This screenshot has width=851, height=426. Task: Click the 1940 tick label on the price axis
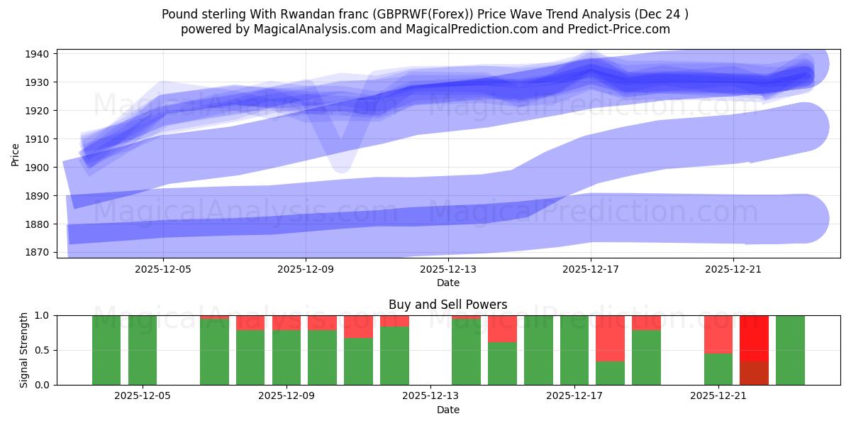click(x=37, y=54)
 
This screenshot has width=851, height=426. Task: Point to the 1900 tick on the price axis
click(x=37, y=168)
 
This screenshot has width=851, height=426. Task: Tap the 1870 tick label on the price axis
click(x=37, y=253)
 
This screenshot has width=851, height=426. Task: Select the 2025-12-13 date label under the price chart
click(x=448, y=269)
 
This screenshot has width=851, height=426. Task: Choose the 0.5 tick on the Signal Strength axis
click(x=42, y=350)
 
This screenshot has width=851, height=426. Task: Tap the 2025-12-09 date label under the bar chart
click(x=287, y=396)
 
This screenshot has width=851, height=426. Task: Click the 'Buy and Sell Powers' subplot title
click(x=447, y=305)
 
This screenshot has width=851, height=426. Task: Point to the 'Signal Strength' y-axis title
click(x=24, y=350)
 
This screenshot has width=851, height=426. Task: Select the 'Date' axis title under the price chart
click(x=447, y=283)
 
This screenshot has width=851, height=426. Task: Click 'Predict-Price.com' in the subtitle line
click(x=616, y=29)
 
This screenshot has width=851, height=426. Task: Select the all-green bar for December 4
click(x=106, y=350)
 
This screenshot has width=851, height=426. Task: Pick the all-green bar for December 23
click(x=790, y=350)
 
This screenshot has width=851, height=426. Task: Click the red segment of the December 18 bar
click(x=611, y=338)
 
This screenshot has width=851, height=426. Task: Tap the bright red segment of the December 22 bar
click(x=754, y=337)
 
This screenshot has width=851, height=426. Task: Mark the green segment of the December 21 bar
click(x=718, y=368)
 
